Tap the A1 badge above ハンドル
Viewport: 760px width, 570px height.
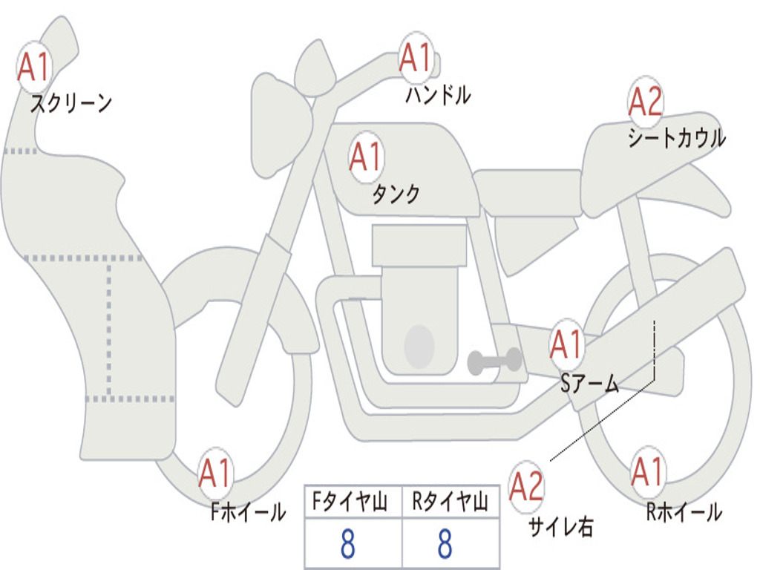tap(415, 57)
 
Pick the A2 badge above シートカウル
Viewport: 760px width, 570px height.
tap(645, 102)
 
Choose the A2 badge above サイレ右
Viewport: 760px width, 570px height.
tap(527, 486)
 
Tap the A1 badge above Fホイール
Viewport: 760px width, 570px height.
tap(216, 473)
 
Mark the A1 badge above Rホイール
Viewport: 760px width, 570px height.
tap(647, 472)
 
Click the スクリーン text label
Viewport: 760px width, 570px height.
tap(71, 103)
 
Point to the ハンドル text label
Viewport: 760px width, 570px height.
tap(438, 94)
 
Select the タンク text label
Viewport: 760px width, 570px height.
tap(396, 194)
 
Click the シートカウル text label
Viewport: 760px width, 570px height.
tap(676, 138)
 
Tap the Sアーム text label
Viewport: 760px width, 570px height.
tap(590, 383)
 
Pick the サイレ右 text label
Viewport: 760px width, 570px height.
tap(560, 526)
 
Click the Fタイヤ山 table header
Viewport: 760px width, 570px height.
tap(352, 503)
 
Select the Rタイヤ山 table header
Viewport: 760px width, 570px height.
tap(450, 503)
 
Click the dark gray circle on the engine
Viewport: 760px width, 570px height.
tap(419, 346)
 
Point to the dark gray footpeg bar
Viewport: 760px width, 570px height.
tap(494, 361)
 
